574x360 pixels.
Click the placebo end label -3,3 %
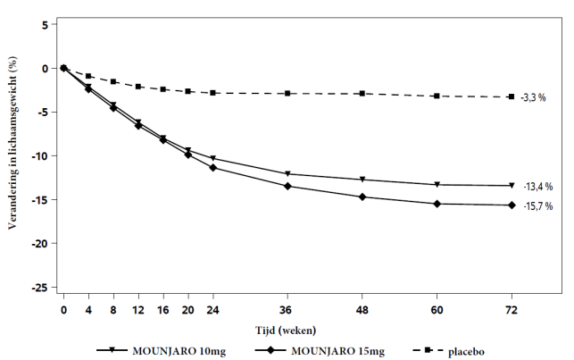533,97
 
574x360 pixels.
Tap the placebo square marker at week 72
512,96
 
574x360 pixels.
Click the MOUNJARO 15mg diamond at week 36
287,186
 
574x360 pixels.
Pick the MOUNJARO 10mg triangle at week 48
362,180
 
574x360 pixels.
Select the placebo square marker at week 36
287,94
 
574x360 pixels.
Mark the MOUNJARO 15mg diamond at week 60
437,204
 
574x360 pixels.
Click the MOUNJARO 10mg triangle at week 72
512,186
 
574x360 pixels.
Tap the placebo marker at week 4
88,76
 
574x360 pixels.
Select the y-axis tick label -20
37,243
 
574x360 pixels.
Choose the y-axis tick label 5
43,24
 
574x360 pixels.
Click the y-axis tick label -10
37,155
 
